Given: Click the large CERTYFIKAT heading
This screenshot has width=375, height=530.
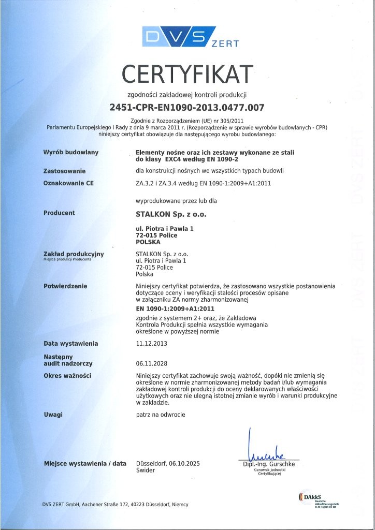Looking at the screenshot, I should (187, 74).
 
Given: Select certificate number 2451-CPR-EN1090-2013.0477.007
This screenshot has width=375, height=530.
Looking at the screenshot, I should (187, 108).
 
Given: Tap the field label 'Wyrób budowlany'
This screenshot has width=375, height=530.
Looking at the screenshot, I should (71, 153).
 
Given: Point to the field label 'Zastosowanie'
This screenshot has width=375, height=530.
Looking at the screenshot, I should (65, 170).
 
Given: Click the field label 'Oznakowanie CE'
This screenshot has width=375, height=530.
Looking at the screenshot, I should (68, 183).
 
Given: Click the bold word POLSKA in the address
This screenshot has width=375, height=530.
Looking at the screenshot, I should (148, 242).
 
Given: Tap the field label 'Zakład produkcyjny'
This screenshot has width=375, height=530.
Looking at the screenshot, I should (74, 254).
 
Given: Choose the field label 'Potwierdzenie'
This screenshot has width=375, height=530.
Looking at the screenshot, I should (65, 286).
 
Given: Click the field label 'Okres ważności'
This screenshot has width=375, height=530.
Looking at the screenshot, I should (67, 375).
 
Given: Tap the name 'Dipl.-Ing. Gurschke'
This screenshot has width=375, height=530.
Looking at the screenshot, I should (269, 464).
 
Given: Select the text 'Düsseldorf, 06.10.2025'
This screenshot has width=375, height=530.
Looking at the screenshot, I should (167, 464).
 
